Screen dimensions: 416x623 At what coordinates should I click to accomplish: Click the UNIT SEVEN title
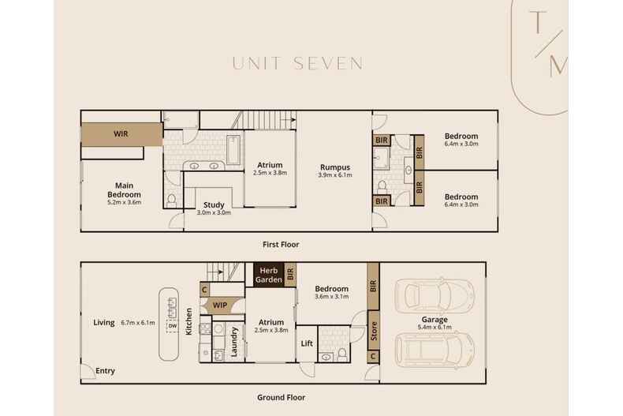[x=297, y=63]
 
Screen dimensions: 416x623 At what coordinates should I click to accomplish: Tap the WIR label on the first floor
[x=120, y=133]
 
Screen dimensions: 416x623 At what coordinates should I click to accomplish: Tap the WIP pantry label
[x=219, y=305]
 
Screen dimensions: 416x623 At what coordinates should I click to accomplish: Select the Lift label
[x=308, y=344]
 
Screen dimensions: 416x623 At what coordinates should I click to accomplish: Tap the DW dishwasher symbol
[x=172, y=325]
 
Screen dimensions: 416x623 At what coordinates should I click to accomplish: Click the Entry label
[x=106, y=371]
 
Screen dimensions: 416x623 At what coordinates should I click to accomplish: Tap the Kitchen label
[x=189, y=322]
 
